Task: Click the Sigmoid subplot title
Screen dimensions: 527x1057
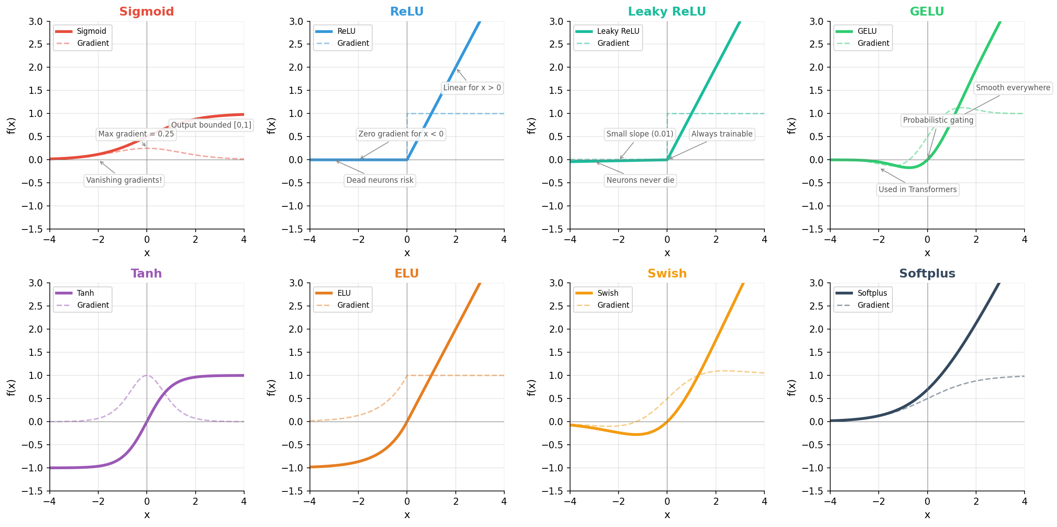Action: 146,12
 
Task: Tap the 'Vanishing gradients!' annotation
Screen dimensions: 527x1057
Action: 124,180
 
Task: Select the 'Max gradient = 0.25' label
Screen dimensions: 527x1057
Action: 136,134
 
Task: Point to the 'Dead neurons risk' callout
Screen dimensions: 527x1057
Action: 380,180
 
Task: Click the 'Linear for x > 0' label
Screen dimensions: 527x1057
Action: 472,88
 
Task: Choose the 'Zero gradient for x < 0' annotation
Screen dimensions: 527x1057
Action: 401,134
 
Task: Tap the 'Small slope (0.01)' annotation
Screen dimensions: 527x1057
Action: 639,134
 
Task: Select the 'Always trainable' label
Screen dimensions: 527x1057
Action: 722,134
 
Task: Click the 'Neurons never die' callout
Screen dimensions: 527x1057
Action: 640,180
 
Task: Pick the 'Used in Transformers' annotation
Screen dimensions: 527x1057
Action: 917,189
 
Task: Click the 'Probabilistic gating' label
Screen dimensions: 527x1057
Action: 938,120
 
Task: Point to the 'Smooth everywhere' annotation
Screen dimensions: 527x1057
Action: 1013,88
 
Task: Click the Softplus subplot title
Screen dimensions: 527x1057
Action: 927,274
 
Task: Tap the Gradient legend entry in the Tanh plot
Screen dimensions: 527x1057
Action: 92,305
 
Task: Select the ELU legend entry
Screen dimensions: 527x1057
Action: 344,293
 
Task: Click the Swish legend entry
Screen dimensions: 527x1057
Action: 607,293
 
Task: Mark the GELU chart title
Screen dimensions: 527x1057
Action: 927,12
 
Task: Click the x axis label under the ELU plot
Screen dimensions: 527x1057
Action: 407,515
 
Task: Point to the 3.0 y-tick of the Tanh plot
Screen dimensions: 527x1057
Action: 36,283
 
